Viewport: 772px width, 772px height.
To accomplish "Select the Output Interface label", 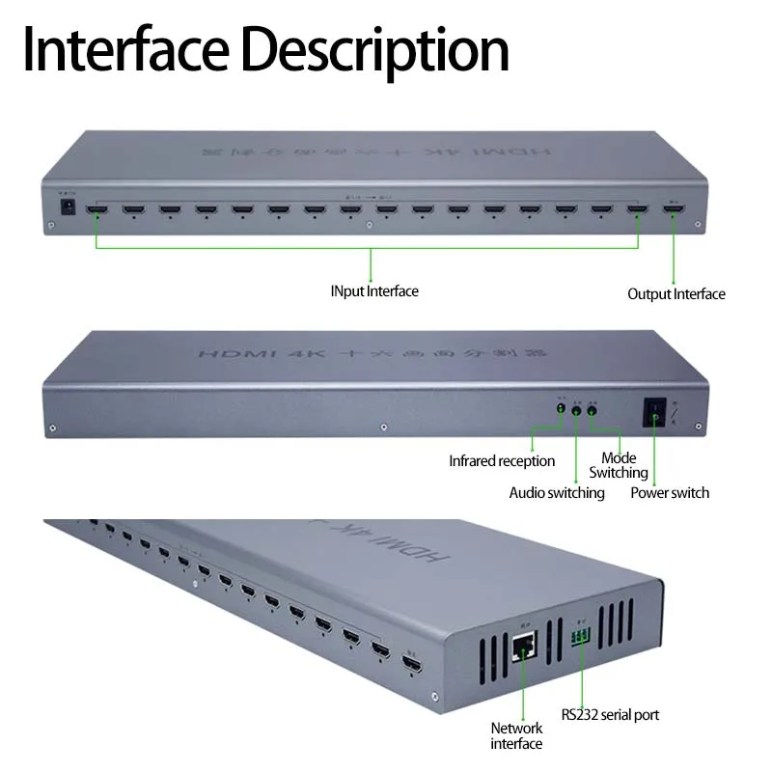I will click(x=675, y=293).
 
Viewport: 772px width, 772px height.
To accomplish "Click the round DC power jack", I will click(x=69, y=206).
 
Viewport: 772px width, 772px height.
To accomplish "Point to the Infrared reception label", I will click(x=502, y=461).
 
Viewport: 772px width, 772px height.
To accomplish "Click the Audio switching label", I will click(x=557, y=493).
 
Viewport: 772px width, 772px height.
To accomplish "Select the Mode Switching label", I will click(x=619, y=465).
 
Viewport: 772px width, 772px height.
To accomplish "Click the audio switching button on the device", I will click(x=576, y=410).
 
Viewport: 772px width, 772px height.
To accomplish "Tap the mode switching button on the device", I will click(x=593, y=410).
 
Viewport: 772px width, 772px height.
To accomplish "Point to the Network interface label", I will click(x=516, y=735).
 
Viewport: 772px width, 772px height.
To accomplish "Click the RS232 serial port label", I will click(x=610, y=715).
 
